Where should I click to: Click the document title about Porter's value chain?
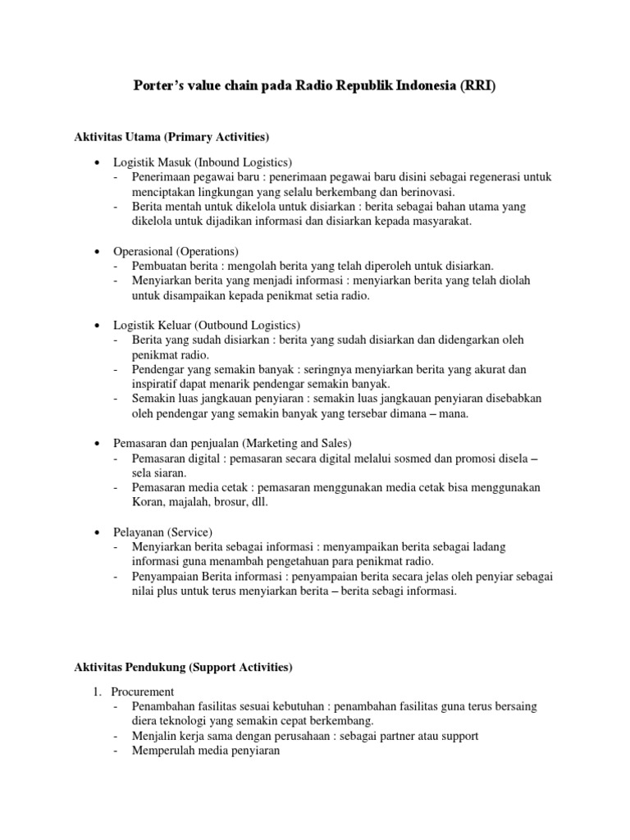tap(315, 87)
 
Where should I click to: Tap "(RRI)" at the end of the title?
tap(477, 87)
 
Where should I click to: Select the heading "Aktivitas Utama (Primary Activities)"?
tap(172, 135)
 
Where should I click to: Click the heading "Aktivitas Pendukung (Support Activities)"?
tap(183, 668)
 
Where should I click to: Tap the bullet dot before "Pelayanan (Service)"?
tap(98, 532)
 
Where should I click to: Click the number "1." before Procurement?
tap(97, 692)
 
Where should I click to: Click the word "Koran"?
tap(148, 502)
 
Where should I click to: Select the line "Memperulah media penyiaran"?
tap(206, 751)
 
